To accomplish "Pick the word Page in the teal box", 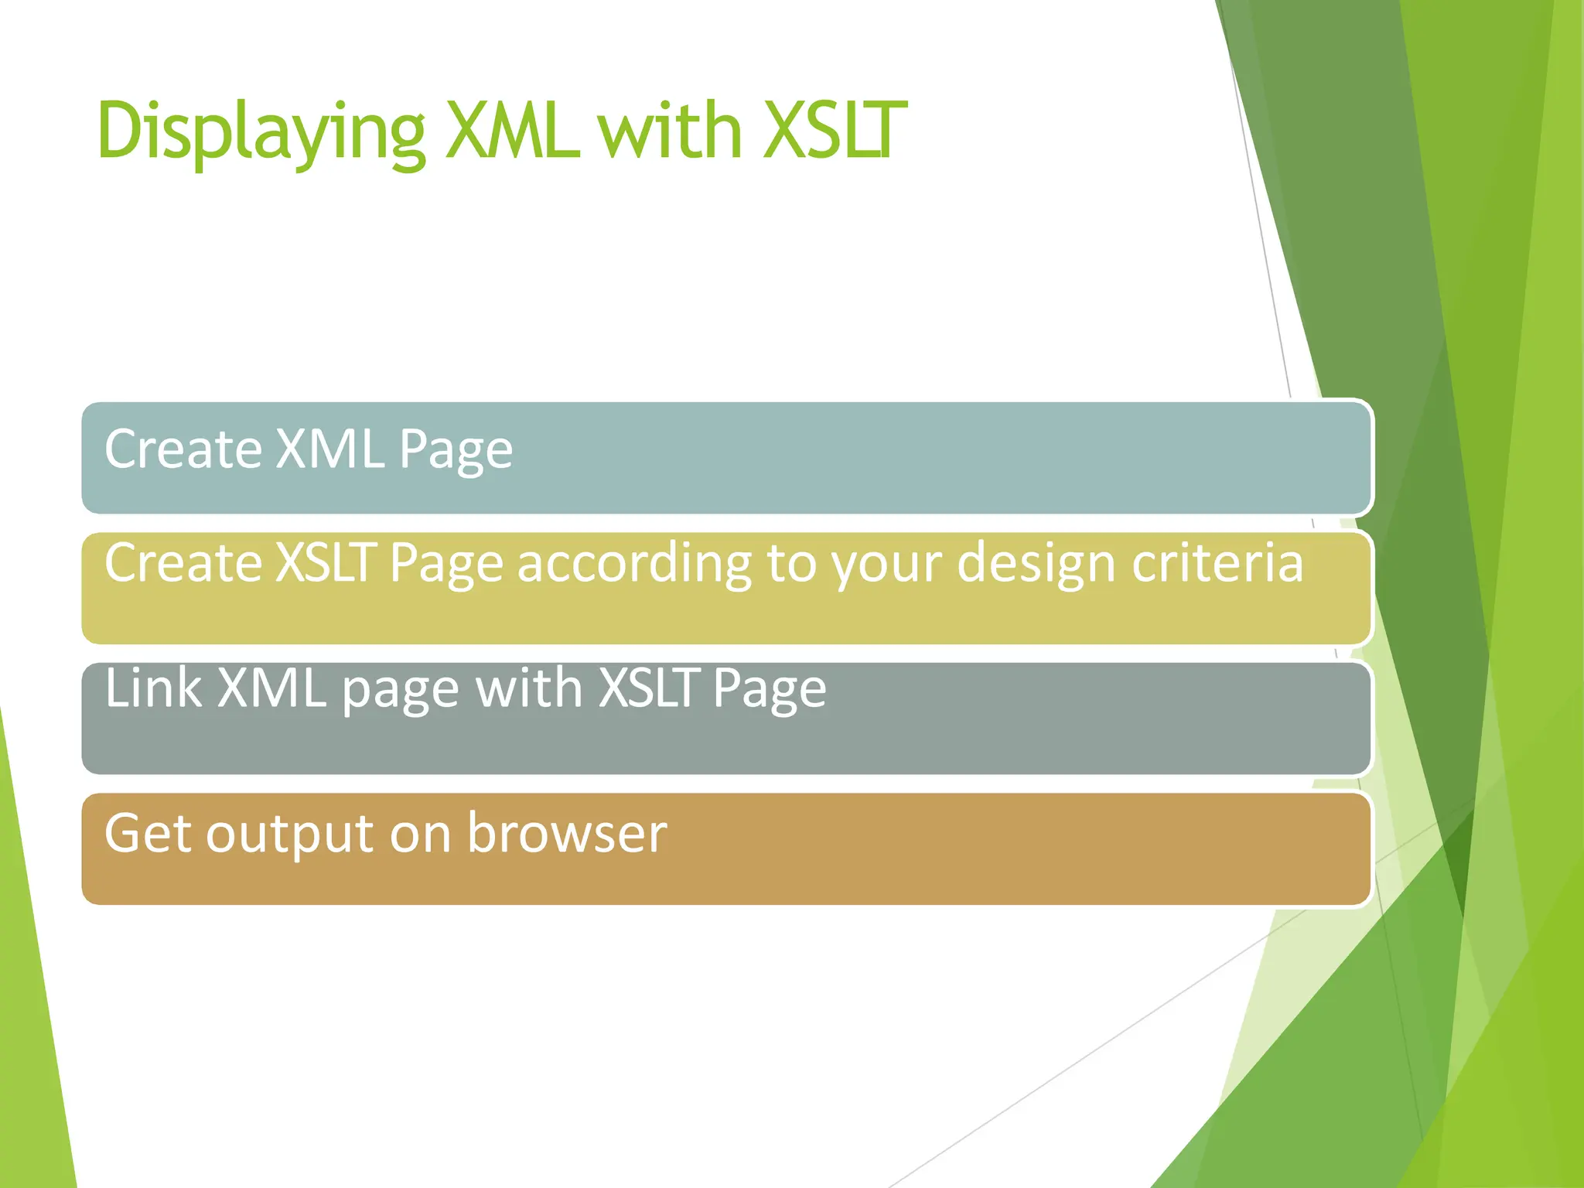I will (x=456, y=451).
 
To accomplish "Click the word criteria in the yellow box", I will (x=1217, y=562).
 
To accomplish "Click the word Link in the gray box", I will (x=153, y=688).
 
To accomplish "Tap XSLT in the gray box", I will (x=649, y=688).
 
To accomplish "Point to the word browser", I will (x=567, y=834).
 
